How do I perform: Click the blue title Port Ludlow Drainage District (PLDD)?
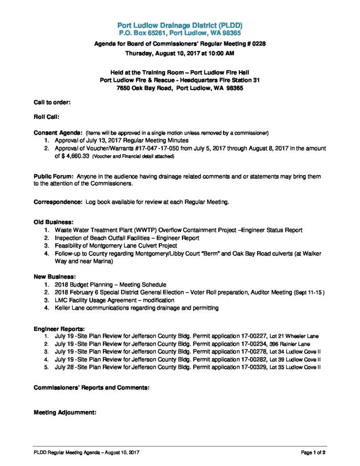180,25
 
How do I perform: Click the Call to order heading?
52,102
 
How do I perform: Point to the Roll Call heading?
46,117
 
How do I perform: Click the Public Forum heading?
54,176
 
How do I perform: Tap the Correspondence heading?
58,202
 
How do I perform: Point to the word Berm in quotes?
211,253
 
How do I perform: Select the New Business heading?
55,276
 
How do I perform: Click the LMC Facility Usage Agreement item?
114,300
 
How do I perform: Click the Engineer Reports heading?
59,329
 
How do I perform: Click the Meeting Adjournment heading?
65,413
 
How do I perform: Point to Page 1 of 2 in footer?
313,452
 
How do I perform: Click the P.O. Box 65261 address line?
180,33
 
